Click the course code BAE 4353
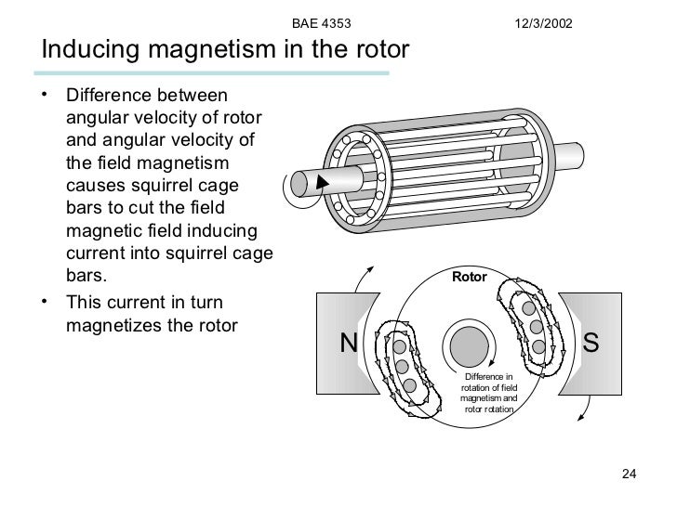point(321,20)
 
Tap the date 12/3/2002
point(546,20)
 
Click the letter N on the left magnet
point(349,344)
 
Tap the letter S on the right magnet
point(591,344)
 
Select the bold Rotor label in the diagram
point(469,277)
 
